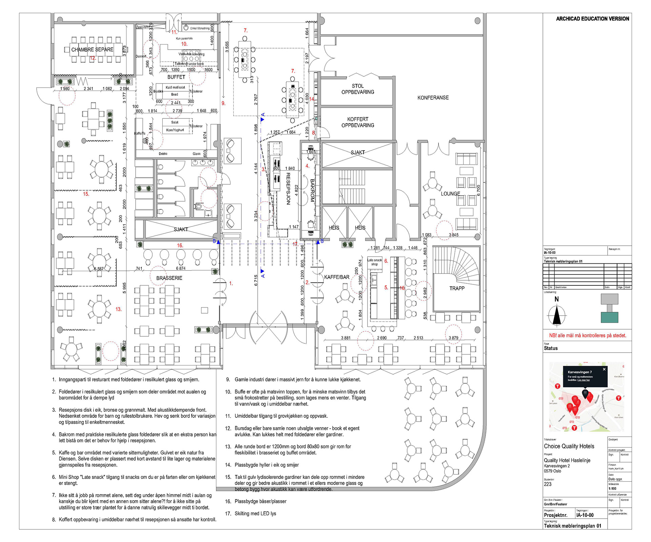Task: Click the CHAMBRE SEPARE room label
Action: pyautogui.click(x=92, y=50)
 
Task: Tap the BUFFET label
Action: pyautogui.click(x=176, y=77)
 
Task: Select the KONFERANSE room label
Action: pyautogui.click(x=433, y=98)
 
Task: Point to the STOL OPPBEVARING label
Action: pyautogui.click(x=358, y=89)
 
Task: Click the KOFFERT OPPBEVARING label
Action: pyautogui.click(x=358, y=122)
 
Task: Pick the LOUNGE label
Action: pyautogui.click(x=450, y=194)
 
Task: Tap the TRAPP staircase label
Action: pyautogui.click(x=457, y=288)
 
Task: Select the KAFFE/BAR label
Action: pyautogui.click(x=337, y=277)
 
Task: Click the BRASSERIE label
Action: pyautogui.click(x=169, y=278)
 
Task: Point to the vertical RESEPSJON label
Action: pyautogui.click(x=288, y=189)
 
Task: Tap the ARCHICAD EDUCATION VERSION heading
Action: pyautogui.click(x=592, y=19)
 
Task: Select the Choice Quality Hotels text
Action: pyautogui.click(x=569, y=446)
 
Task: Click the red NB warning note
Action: pyautogui.click(x=588, y=335)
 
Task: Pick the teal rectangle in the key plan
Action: pyautogui.click(x=609, y=317)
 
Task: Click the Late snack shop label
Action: pyautogui.click(x=374, y=262)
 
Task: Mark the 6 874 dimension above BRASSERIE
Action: pyautogui.click(x=181, y=268)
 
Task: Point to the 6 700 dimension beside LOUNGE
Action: pyautogui.click(x=478, y=190)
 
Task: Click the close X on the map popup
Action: pyautogui.click(x=604, y=369)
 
